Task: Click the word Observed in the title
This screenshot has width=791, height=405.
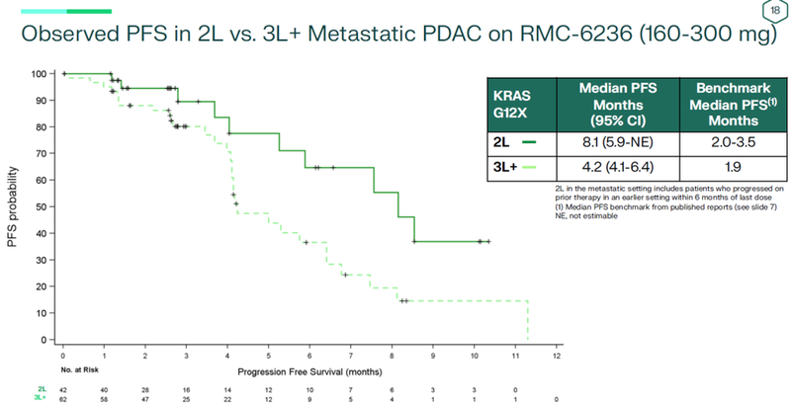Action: click(x=72, y=36)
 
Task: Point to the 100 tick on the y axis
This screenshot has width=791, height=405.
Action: click(x=40, y=74)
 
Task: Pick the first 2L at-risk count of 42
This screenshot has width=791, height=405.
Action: click(x=62, y=389)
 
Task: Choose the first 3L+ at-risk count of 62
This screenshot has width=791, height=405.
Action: click(x=62, y=398)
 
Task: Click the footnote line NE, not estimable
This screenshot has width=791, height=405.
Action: click(x=584, y=216)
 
